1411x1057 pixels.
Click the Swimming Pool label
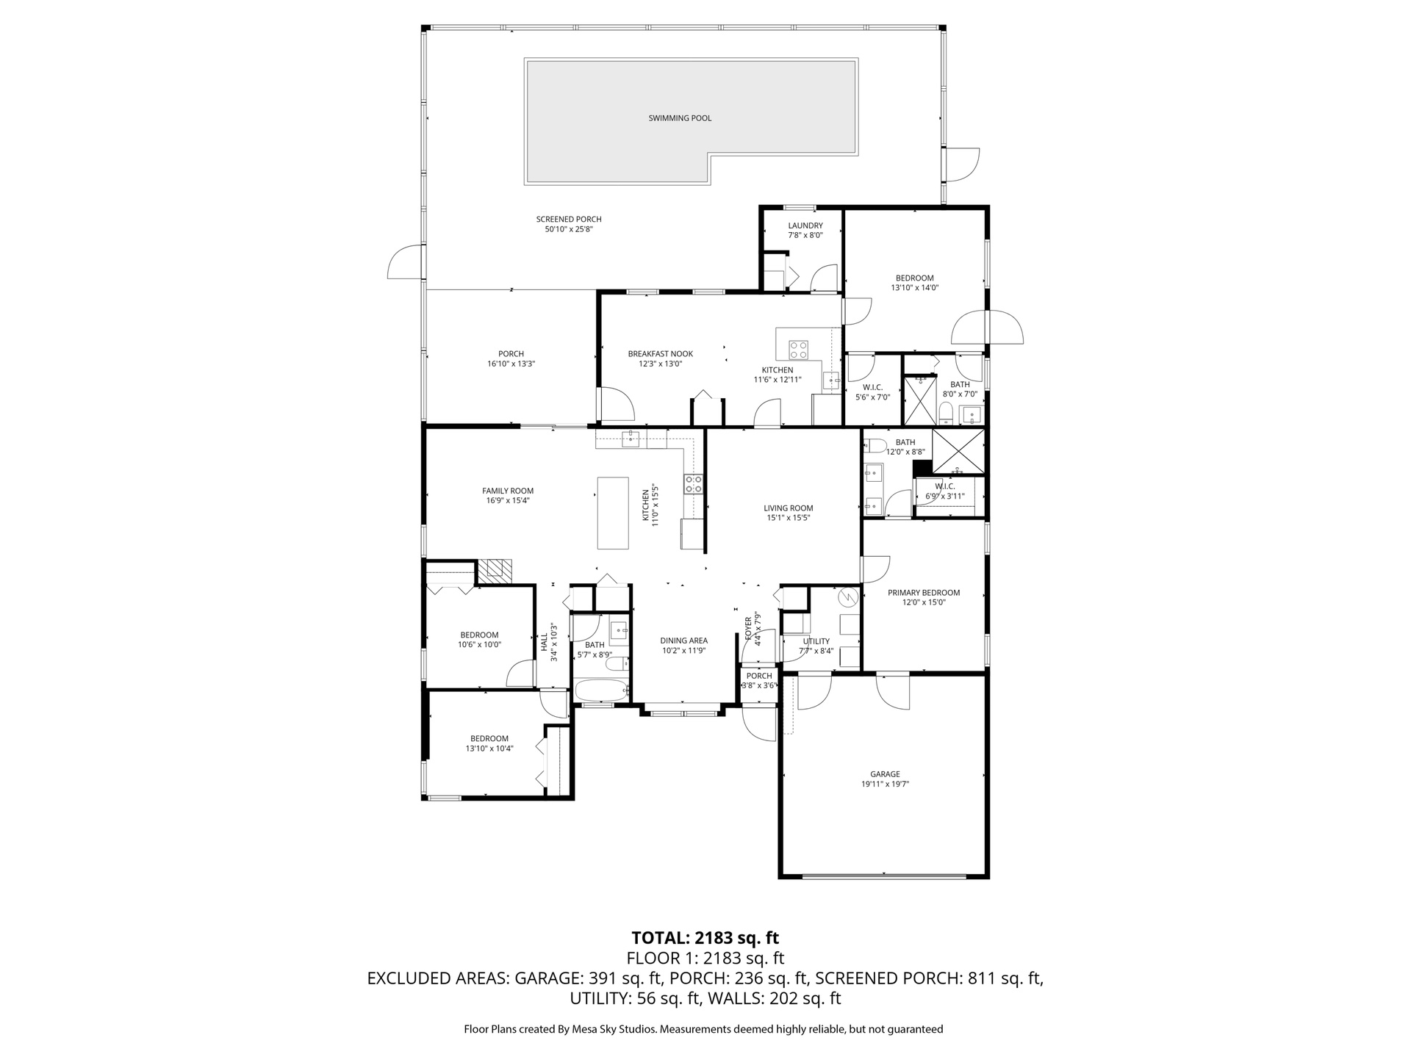[680, 118]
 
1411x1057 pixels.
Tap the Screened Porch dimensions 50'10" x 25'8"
[569, 229]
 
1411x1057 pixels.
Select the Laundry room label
[805, 226]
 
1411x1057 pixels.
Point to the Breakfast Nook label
[661, 354]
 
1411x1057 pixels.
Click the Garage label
[885, 774]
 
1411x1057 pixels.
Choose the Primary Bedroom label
[924, 593]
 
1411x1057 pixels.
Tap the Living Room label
[789, 508]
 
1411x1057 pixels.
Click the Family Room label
[508, 491]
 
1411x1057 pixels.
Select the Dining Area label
[683, 641]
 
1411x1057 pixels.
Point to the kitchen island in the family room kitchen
[613, 513]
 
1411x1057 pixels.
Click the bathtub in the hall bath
[601, 690]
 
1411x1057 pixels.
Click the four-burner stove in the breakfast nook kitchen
[798, 348]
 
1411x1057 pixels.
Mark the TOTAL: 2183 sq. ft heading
[705, 938]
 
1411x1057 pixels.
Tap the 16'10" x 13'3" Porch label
[511, 358]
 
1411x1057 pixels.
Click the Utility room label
[816, 641]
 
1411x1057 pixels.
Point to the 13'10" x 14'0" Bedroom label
[915, 283]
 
